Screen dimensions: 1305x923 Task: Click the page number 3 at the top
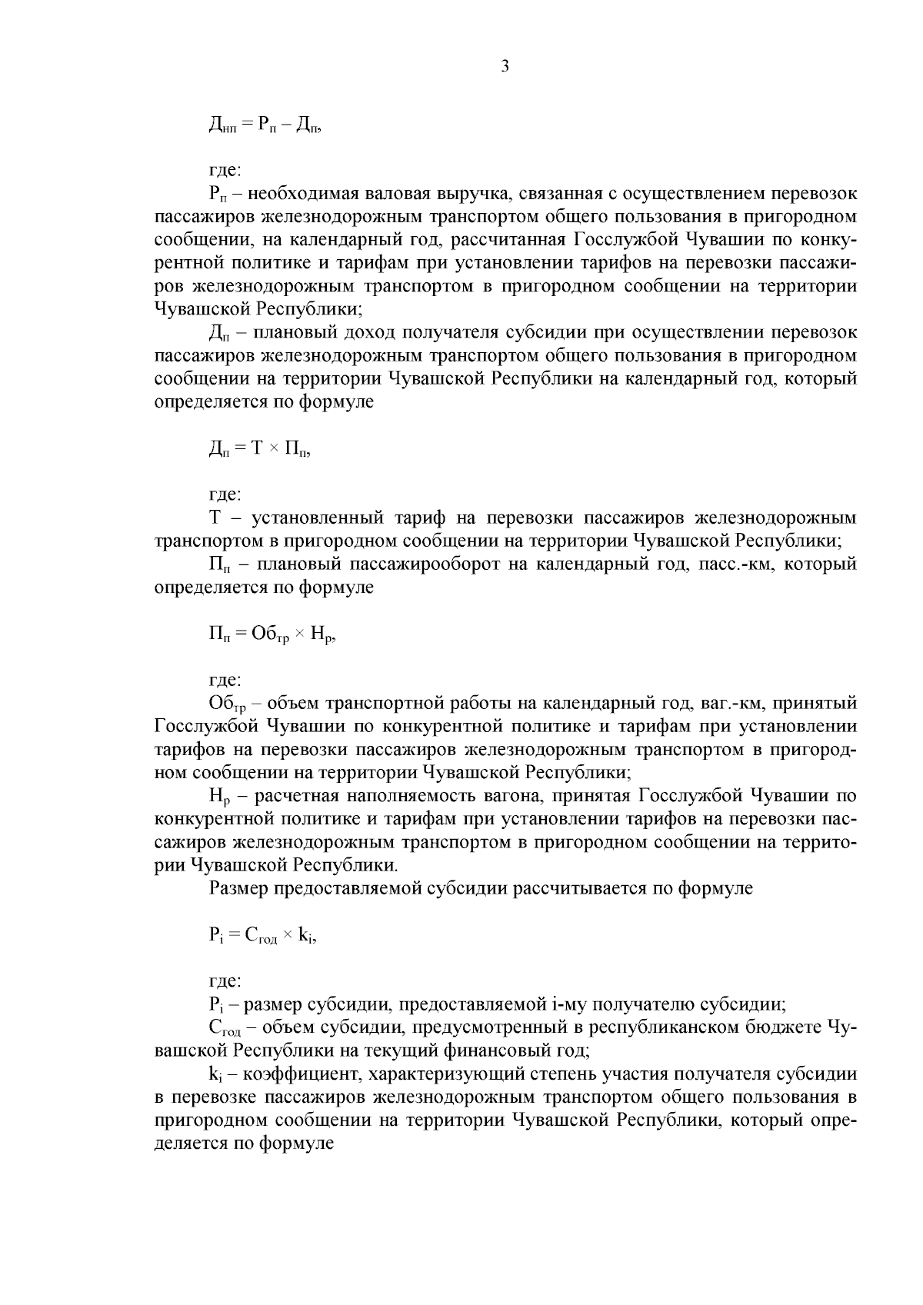pos(505,66)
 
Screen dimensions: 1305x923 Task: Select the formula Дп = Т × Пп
pos(259,449)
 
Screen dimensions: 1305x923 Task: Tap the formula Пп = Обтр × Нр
pos(272,634)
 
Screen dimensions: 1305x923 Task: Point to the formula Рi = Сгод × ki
pos(262,936)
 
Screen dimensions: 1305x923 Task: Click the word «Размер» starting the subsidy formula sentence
pos(238,888)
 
